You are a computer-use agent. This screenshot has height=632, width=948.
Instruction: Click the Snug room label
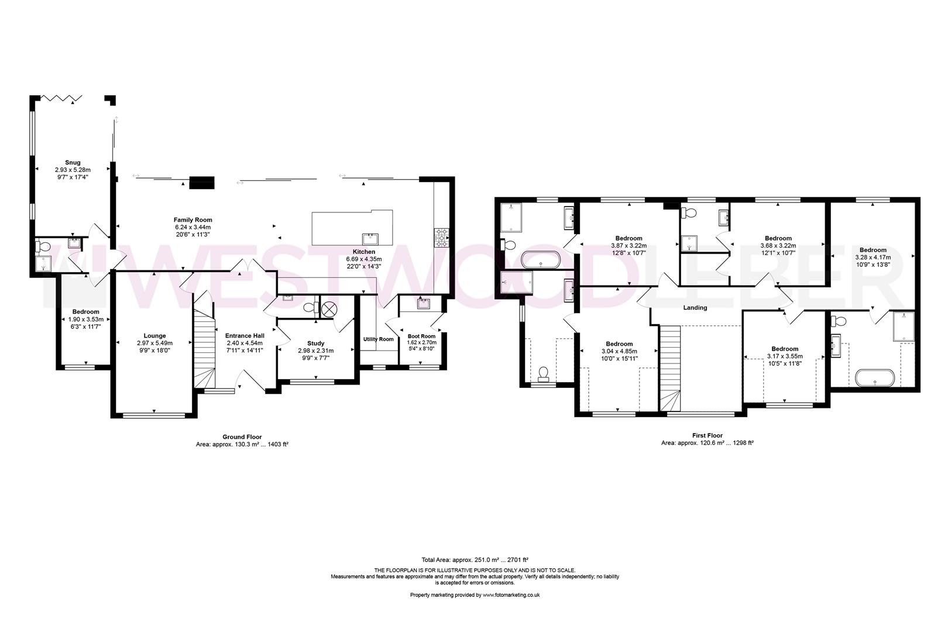73,163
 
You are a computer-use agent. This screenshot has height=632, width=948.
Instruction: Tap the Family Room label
193,219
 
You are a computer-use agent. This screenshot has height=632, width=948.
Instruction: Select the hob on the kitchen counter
441,238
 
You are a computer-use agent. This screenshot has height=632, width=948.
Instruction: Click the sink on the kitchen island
370,239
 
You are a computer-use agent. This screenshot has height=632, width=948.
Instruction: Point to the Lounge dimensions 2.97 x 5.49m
154,343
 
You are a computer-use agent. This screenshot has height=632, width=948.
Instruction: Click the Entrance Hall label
245,336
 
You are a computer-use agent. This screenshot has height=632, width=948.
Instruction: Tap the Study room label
316,344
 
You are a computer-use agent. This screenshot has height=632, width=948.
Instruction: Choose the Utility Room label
379,339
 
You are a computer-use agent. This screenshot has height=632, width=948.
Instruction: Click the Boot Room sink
423,304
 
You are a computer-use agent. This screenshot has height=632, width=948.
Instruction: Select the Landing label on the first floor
695,308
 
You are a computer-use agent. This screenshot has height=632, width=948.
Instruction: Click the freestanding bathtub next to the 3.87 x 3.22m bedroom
541,259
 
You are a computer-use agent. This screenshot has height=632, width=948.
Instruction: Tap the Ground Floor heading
242,437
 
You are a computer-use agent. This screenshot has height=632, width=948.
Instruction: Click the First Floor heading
707,435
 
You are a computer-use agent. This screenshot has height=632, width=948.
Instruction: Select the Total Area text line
475,559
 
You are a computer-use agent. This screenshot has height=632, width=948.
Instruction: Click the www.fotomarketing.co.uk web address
511,595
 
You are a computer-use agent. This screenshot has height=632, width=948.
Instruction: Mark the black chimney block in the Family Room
202,183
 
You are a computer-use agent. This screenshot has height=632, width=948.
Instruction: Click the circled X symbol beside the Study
328,310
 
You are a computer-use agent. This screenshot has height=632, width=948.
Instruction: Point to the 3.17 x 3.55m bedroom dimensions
785,356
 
